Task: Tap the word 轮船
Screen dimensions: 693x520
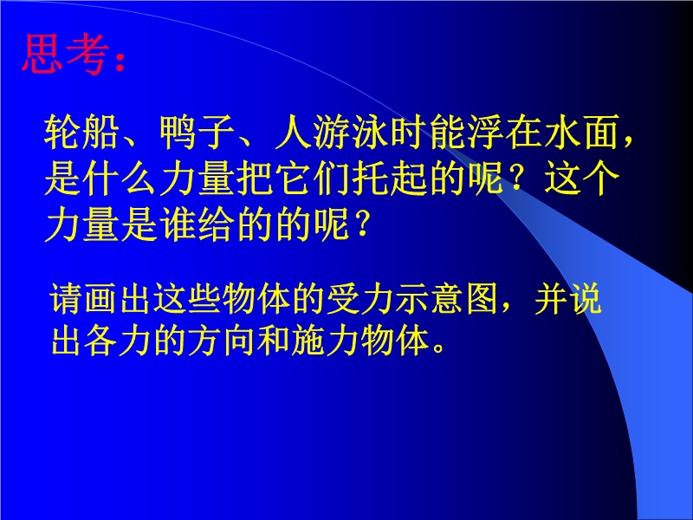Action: point(81,132)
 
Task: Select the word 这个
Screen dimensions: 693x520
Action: point(581,179)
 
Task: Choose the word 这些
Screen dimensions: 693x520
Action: point(171,298)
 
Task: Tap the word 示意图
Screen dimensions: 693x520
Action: point(447,298)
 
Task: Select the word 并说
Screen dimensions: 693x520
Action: point(568,298)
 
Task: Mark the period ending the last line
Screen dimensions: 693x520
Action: point(439,348)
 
